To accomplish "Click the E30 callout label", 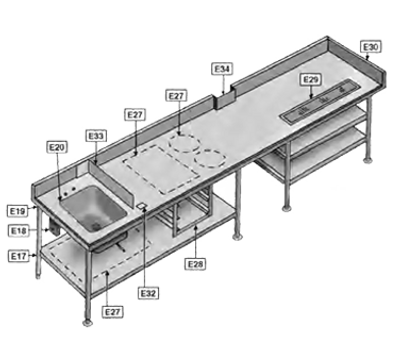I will (x=370, y=46).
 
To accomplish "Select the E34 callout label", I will (x=223, y=68).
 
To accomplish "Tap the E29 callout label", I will (x=310, y=79).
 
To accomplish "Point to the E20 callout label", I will (x=56, y=146).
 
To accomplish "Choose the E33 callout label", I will (x=96, y=135).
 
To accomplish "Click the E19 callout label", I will (x=18, y=211).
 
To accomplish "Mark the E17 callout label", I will (x=18, y=256).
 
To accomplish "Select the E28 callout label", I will (x=196, y=264).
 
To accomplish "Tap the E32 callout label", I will (x=147, y=293).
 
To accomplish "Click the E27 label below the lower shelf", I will (x=113, y=312).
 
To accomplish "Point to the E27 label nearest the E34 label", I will (x=177, y=95).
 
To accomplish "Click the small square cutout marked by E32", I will (x=144, y=208).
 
